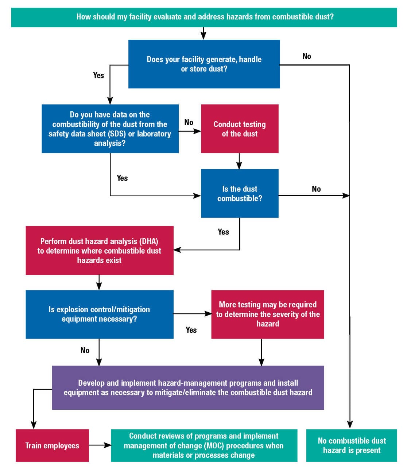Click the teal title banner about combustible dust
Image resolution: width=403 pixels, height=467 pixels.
(204, 18)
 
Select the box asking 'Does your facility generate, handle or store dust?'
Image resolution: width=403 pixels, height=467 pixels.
(204, 64)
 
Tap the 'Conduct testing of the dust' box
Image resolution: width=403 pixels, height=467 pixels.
(240, 128)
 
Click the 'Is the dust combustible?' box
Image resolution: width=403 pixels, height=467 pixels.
(240, 193)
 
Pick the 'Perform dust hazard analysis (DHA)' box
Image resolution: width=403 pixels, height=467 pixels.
(100, 250)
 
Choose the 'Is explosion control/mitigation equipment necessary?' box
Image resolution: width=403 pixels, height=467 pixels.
(100, 314)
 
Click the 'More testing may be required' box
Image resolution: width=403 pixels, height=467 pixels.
(267, 314)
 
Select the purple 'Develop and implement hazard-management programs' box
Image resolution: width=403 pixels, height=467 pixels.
(188, 388)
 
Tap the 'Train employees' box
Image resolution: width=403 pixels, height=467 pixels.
(52, 445)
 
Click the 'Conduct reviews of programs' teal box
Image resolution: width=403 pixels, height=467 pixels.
(204, 445)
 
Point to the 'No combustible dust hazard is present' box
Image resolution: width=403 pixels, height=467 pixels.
(352, 445)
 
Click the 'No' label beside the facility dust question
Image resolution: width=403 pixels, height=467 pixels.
(307, 56)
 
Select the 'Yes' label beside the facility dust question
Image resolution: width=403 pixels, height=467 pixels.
(99, 76)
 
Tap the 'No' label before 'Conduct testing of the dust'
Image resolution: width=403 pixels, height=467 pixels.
(189, 123)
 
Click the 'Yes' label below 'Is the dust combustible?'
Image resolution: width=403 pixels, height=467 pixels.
(224, 232)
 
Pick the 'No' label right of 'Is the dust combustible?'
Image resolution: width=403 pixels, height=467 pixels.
(316, 189)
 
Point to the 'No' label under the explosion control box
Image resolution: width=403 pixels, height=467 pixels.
(85, 350)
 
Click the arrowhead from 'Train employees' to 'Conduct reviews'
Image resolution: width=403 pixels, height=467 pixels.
(108, 445)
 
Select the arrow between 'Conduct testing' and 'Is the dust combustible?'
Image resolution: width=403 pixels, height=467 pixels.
(239, 161)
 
